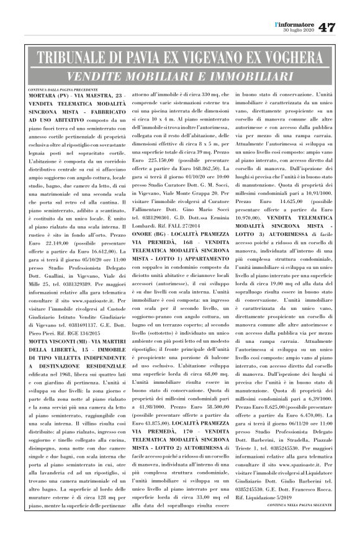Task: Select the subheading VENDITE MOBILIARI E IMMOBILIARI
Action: (180, 77)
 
